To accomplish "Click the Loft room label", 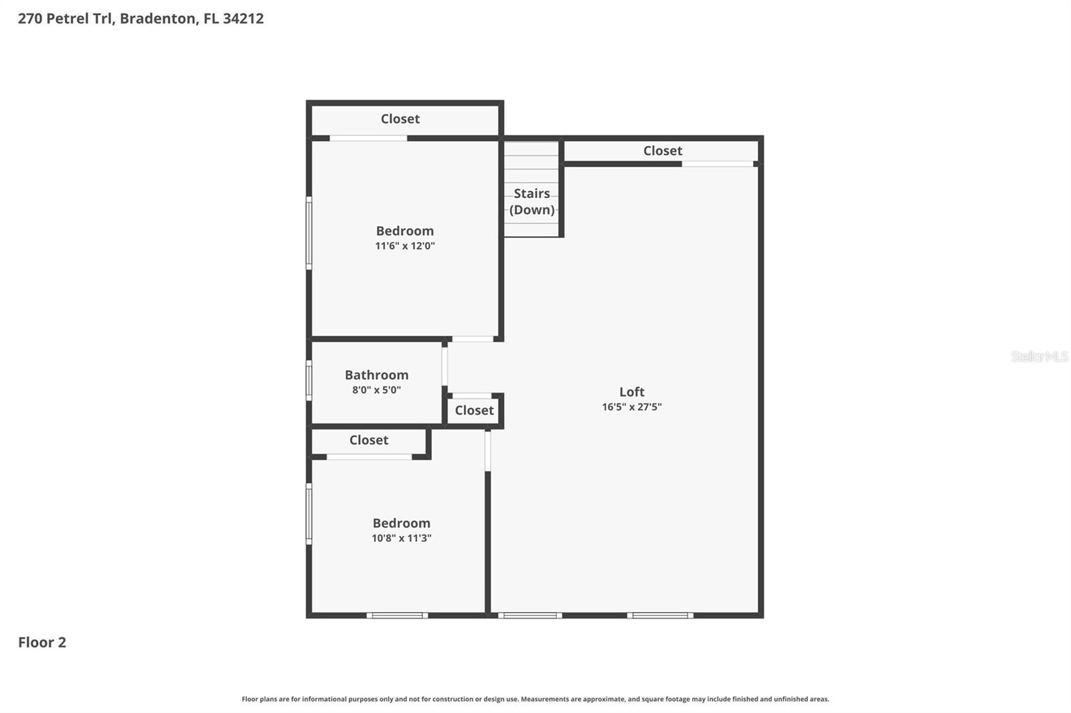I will point(631,392).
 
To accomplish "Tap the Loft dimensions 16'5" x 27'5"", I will point(631,407).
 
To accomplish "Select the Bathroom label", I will point(376,375).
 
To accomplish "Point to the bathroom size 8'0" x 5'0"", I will point(376,390).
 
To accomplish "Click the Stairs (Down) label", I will point(531,201).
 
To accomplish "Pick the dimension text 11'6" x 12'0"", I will point(404,245).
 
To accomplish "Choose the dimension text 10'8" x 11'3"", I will point(401,538).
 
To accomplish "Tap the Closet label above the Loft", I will point(662,151).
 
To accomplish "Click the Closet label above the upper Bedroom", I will point(400,119).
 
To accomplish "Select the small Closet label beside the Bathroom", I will point(474,411).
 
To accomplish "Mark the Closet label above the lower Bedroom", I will point(368,440).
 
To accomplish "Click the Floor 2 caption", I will point(42,642).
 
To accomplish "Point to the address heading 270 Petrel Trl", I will point(141,18).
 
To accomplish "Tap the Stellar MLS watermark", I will point(1039,356).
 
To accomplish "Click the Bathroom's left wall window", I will point(309,381).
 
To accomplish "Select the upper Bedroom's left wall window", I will point(309,233).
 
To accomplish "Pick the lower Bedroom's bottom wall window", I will point(397,615).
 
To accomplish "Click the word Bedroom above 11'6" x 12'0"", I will point(404,231).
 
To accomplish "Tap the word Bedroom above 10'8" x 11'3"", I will point(401,523).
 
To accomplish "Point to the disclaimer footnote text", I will point(535,699).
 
